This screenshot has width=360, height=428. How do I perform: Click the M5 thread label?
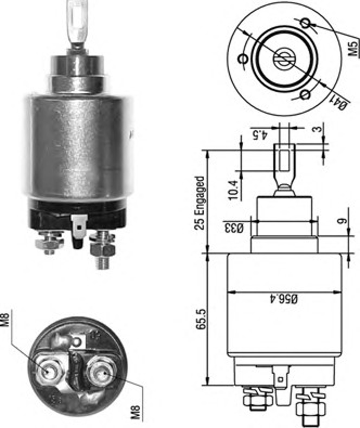click(x=353, y=48)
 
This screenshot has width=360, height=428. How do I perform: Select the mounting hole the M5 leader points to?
click(x=305, y=23)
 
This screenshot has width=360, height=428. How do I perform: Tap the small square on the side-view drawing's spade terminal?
click(x=281, y=380)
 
